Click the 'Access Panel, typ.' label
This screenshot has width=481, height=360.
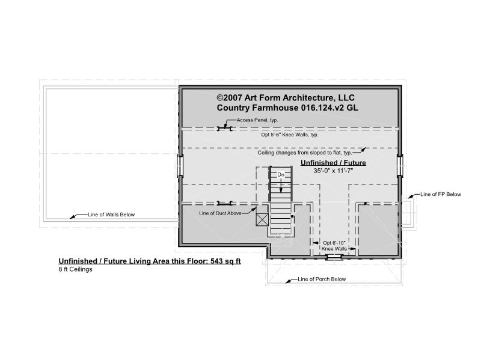coord(257,120)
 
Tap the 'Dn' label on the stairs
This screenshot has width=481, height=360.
coord(281,175)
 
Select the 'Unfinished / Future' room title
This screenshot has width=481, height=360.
coord(333,163)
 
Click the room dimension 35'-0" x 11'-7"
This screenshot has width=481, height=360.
coord(333,171)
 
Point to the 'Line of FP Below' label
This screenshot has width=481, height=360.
coord(441,194)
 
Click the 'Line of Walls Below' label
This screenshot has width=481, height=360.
coord(111,215)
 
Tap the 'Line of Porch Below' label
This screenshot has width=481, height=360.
coord(322,279)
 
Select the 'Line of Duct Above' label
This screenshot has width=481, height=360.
coord(220,213)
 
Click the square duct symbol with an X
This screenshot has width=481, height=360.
coord(262,219)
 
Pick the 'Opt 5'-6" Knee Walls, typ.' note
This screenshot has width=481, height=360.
coord(290,135)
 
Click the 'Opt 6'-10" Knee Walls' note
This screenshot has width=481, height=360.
coord(334,246)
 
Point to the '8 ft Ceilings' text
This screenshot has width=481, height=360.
coord(76,269)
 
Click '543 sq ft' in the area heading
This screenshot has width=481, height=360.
coord(226,261)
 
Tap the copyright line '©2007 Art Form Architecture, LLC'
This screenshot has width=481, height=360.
coord(286,98)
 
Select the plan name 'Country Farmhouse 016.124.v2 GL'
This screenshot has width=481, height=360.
coord(287,108)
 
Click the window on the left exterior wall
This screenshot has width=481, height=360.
coord(181,166)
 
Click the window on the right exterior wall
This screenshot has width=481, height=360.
coord(400,166)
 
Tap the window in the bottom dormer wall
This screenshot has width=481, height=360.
coord(334,257)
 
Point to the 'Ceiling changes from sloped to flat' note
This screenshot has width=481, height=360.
coord(305,153)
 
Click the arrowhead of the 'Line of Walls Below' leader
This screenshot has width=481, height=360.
coord(72,218)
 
